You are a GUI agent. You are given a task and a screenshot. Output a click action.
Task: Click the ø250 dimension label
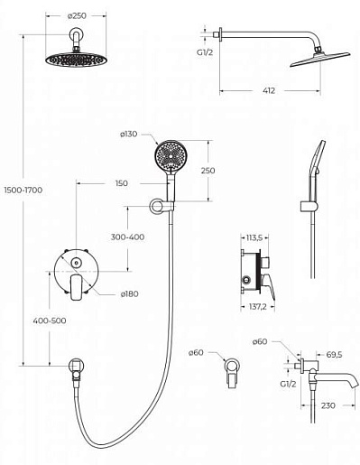(x=77, y=15)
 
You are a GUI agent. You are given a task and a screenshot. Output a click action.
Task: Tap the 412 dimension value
(x=269, y=90)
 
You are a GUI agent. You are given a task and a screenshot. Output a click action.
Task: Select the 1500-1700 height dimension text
(x=23, y=191)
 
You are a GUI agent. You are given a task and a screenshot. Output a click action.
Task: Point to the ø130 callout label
(x=128, y=134)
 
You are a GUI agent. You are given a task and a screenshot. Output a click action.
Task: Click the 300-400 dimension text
(x=127, y=237)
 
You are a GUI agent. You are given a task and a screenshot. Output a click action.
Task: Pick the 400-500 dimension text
(x=50, y=321)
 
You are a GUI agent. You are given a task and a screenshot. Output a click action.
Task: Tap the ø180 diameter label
(x=130, y=293)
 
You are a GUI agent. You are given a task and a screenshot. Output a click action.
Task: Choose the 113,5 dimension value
(x=254, y=237)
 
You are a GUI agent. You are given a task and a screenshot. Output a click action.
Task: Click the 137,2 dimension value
(x=258, y=307)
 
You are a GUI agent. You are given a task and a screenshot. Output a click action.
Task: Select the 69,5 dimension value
(x=334, y=355)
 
